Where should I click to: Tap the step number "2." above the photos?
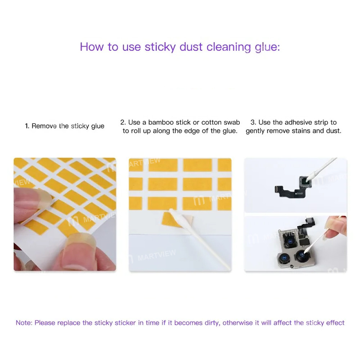coord(123,122)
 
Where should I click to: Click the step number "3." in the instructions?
coord(253,122)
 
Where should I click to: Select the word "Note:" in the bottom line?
coord(24,323)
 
